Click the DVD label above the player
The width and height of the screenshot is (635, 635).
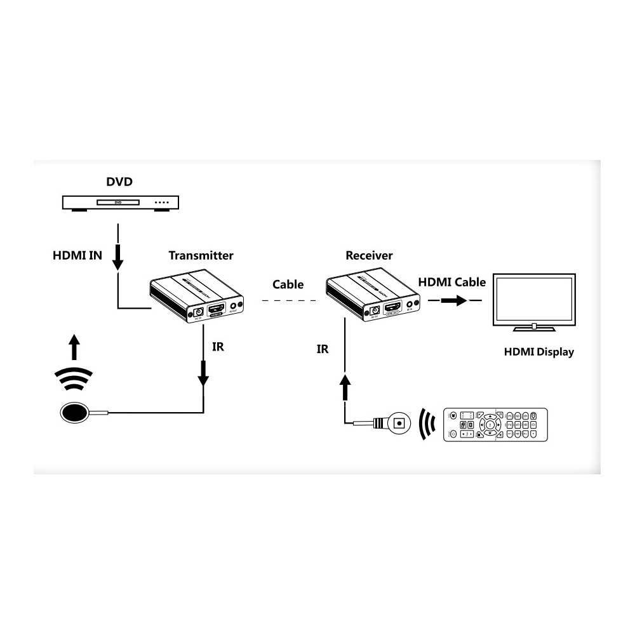pyautogui.click(x=119, y=182)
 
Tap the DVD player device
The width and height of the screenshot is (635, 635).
pyautogui.click(x=120, y=203)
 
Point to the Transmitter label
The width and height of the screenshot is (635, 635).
pyautogui.click(x=201, y=256)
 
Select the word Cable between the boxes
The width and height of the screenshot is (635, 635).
pyautogui.click(x=288, y=284)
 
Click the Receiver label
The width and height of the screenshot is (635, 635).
pyautogui.click(x=369, y=256)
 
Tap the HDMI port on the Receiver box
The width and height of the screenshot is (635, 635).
pyautogui.click(x=394, y=309)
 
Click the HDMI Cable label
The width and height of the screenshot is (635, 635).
pyautogui.click(x=451, y=282)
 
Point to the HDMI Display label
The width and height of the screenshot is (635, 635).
pyautogui.click(x=538, y=352)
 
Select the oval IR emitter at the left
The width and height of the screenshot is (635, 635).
pyautogui.click(x=75, y=413)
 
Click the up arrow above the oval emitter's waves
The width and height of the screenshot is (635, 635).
pyautogui.click(x=75, y=348)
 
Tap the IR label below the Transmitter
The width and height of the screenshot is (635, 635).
pyautogui.click(x=217, y=347)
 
